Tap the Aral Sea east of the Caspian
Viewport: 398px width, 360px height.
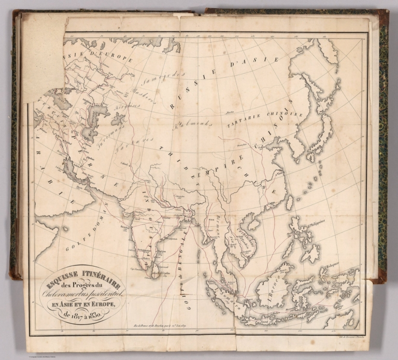118,119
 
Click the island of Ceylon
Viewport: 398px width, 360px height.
154,271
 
